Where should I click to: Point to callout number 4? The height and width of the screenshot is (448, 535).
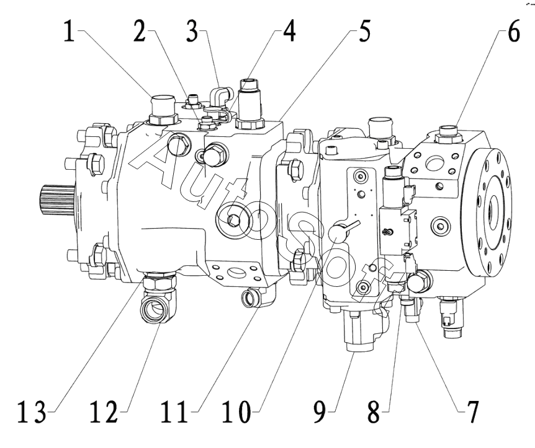pyautogui.click(x=289, y=32)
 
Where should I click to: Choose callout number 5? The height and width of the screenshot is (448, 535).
pyautogui.click(x=364, y=32)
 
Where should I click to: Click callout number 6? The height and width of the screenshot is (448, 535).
pyautogui.click(x=514, y=32)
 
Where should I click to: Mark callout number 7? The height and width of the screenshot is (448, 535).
pyautogui.click(x=472, y=412)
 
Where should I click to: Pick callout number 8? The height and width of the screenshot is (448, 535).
pyautogui.click(x=374, y=412)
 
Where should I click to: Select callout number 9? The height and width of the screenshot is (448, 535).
pyautogui.click(x=320, y=412)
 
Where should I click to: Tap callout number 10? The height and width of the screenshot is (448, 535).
pyautogui.click(x=236, y=412)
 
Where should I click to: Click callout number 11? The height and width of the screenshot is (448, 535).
pyautogui.click(x=174, y=412)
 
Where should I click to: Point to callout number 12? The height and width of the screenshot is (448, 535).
pyautogui.click(x=104, y=412)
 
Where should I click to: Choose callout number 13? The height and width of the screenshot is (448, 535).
pyautogui.click(x=32, y=412)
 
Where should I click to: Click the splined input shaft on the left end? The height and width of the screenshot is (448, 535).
pyautogui.click(x=57, y=200)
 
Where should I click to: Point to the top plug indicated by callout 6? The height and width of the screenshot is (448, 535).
pyautogui.click(x=448, y=134)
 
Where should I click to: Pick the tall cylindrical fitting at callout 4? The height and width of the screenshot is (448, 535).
pyautogui.click(x=250, y=104)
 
